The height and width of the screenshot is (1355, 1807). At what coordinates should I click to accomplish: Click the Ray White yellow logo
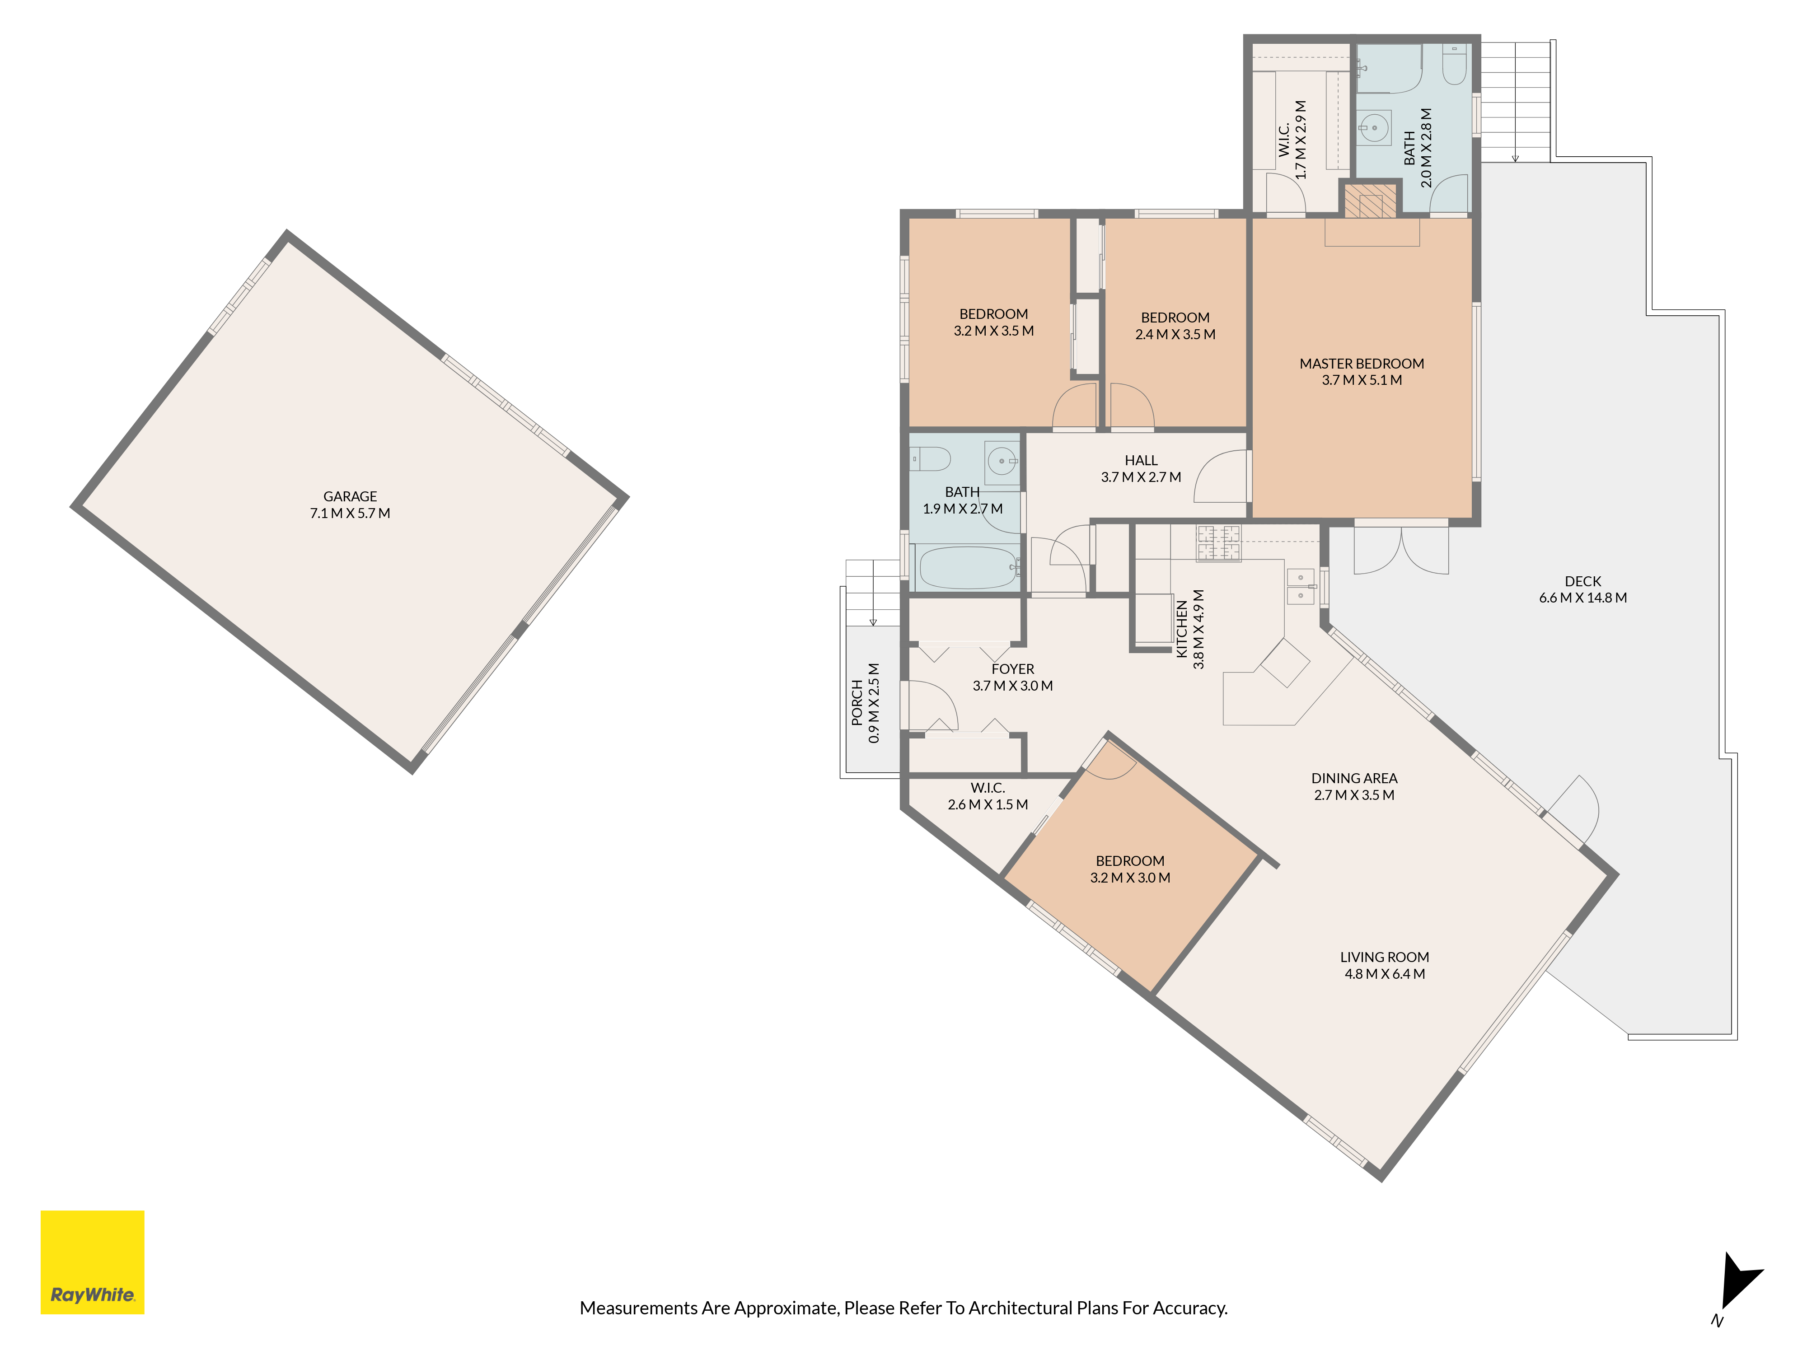92,1262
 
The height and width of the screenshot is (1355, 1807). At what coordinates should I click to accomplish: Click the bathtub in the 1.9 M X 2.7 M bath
967,568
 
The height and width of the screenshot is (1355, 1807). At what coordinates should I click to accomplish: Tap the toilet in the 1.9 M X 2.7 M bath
931,459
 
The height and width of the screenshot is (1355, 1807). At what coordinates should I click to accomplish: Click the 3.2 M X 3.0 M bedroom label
1130,869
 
